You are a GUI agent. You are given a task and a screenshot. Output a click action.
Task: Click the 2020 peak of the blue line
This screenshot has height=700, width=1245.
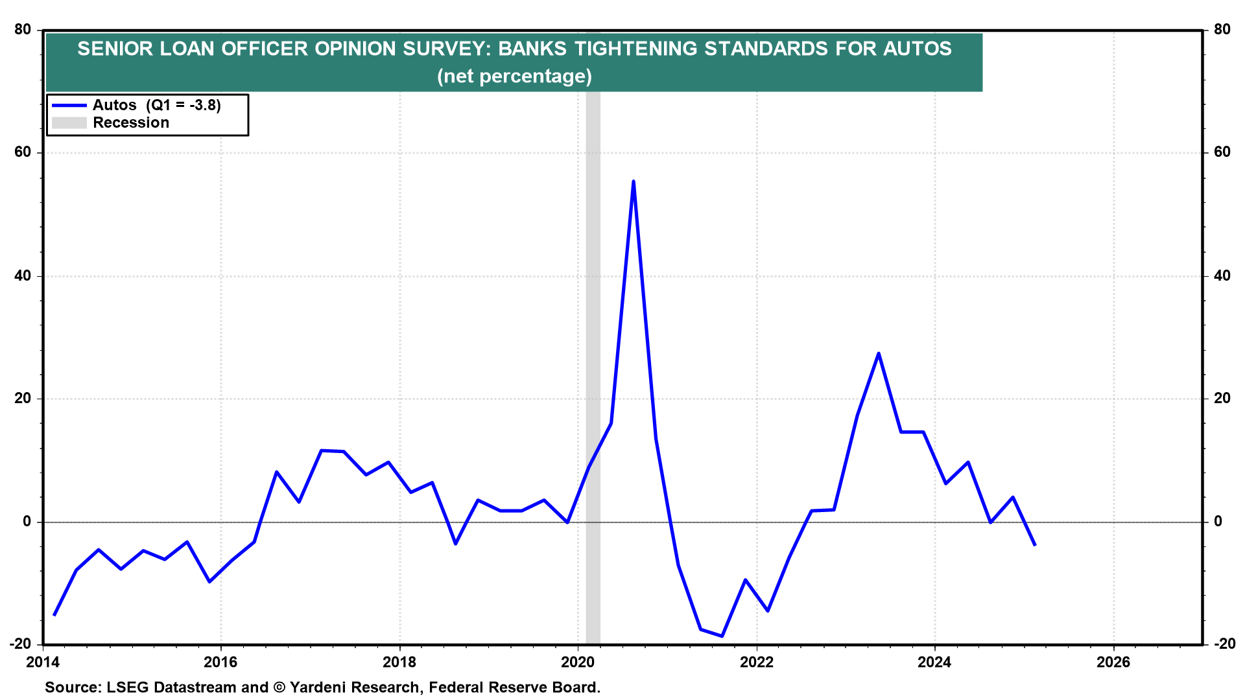point(633,181)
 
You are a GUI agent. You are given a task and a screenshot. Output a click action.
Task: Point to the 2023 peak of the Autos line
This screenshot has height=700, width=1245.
point(878,353)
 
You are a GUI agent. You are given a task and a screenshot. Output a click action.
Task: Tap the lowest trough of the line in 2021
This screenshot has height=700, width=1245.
point(722,636)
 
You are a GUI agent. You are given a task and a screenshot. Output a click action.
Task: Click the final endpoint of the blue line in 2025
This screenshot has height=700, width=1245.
point(1035,545)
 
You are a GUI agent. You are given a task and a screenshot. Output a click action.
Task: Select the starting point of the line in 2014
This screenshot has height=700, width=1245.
point(54,614)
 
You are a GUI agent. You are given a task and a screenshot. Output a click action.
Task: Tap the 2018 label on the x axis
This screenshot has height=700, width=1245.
point(399,662)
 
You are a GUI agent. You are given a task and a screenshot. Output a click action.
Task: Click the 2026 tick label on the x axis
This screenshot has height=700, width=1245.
point(1113,662)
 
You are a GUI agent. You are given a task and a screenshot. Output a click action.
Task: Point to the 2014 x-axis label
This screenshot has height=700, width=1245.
point(43,662)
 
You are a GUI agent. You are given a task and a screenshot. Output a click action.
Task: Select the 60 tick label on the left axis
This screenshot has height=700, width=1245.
point(23,152)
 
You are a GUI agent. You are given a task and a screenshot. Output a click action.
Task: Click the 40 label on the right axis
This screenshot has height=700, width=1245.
point(1222,275)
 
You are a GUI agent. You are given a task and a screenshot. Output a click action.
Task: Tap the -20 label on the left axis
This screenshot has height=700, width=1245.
point(20,644)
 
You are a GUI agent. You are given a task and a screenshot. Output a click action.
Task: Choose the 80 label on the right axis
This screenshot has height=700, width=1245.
point(1222,29)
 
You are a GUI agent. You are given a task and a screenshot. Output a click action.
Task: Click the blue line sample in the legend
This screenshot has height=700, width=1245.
point(69,105)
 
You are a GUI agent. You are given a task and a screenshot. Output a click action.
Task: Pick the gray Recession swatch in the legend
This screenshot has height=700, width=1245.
point(69,122)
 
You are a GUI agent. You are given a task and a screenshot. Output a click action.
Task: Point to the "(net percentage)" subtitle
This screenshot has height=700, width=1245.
point(515,76)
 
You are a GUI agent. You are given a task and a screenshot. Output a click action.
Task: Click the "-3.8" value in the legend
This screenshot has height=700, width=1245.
point(203,105)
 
